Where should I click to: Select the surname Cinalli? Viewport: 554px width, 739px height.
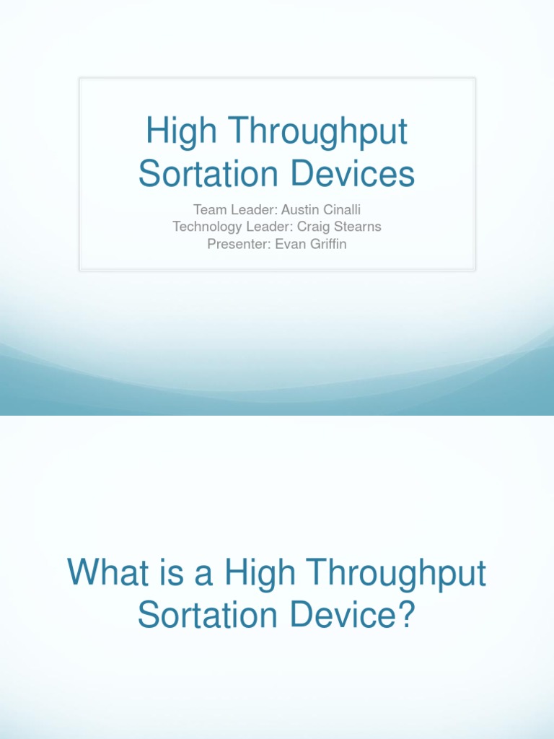click(340, 210)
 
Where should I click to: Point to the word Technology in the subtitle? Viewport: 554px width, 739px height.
click(205, 227)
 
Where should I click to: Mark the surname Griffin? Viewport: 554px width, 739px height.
click(326, 244)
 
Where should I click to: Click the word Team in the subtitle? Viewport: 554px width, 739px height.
click(208, 210)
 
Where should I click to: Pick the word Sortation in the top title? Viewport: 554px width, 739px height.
click(208, 174)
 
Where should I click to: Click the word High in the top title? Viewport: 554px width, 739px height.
click(172, 133)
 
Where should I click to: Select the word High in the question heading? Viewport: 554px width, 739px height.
click(260, 574)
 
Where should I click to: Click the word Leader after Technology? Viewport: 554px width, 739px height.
click(263, 227)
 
